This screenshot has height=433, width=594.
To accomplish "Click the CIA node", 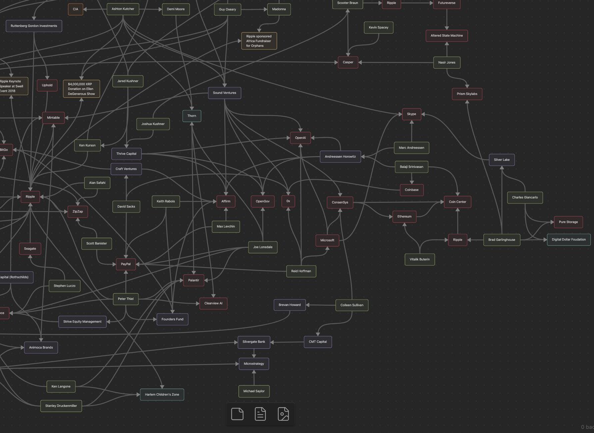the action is (x=75, y=9).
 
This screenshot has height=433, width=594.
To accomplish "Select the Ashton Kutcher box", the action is (x=123, y=9).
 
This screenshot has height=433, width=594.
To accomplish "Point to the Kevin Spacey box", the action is (x=379, y=28).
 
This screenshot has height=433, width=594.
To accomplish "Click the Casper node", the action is (x=348, y=62).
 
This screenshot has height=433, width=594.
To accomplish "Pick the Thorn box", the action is (x=192, y=116).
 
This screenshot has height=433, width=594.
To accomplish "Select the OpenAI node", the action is (x=300, y=138).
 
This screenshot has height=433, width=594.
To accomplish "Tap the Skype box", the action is (x=411, y=114).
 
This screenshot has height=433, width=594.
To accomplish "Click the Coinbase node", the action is (x=412, y=189).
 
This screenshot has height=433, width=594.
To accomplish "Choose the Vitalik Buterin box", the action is (x=420, y=259).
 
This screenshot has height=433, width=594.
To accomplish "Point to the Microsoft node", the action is (x=327, y=241).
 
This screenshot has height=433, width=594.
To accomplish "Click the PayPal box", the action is (x=126, y=264).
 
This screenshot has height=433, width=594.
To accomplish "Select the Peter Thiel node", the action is (x=126, y=299).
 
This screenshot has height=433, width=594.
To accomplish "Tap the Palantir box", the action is (x=194, y=281).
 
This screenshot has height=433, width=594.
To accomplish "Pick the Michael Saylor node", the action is (x=254, y=391).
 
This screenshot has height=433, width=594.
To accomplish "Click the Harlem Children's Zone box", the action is (x=162, y=394).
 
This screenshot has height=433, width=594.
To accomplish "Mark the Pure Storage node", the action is (x=568, y=222).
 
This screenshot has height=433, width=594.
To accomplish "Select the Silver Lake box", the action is (x=502, y=159).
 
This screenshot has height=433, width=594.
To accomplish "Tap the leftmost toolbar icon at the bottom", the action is (x=238, y=414).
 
